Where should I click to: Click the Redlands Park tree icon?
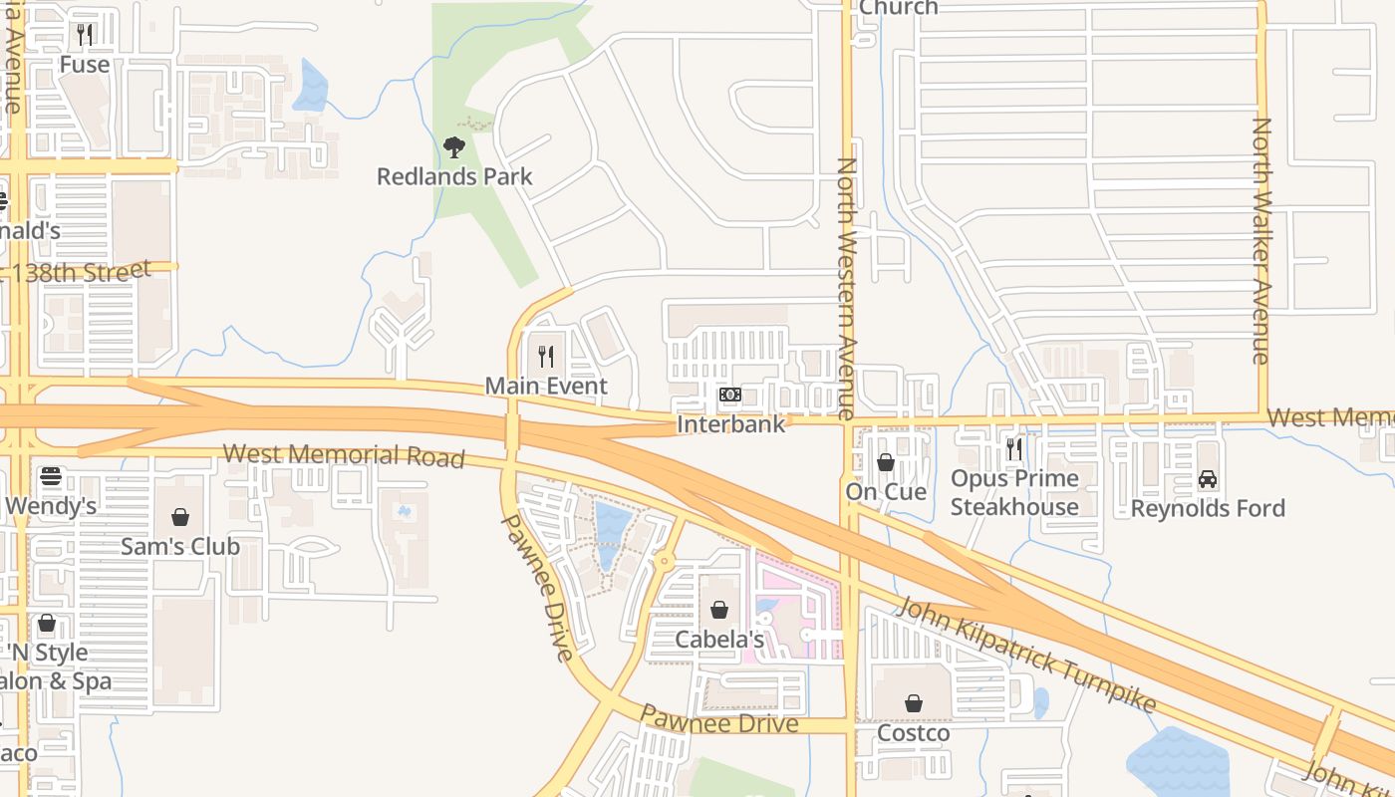[454, 148]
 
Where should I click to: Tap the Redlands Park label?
[454, 177]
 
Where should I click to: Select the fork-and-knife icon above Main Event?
[546, 356]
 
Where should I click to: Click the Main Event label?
[546, 386]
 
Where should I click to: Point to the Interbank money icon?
[730, 396]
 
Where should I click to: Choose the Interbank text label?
[730, 424]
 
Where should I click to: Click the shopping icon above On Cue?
[886, 462]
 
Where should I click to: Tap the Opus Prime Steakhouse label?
[1014, 492]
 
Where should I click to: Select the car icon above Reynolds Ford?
[1208, 479]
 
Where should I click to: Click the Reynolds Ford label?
[1208, 508]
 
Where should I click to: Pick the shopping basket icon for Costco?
[914, 704]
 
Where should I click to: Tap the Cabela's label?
[719, 640]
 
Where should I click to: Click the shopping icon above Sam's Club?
[180, 517]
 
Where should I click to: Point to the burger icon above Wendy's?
[51, 476]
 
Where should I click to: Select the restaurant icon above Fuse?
[85, 35]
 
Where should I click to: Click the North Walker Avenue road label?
[1261, 241]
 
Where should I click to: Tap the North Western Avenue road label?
[847, 289]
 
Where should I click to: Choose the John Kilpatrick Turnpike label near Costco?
[1025, 655]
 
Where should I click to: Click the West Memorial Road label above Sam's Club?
[344, 455]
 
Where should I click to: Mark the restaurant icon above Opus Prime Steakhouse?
[1014, 449]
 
